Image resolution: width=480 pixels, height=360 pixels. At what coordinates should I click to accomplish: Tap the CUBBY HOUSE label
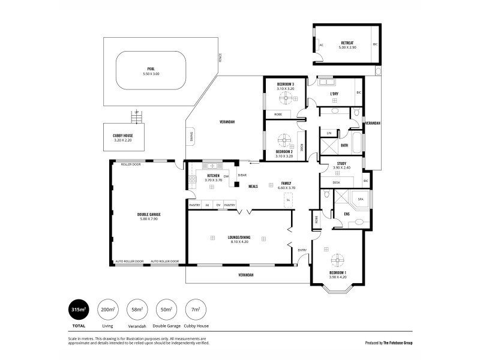click(x=122, y=136)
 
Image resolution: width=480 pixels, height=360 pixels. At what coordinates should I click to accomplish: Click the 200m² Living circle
click(x=108, y=309)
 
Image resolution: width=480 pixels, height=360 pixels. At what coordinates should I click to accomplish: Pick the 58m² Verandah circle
click(x=137, y=309)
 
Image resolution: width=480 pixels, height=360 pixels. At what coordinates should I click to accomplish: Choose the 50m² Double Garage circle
click(x=167, y=309)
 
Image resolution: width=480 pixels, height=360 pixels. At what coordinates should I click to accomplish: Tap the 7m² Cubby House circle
click(x=196, y=309)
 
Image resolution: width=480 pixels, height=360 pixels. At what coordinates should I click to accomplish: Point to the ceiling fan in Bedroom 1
click(x=337, y=260)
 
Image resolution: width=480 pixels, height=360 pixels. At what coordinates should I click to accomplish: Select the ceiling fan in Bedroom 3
click(x=286, y=98)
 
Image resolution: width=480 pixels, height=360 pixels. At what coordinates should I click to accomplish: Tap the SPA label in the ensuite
click(x=361, y=199)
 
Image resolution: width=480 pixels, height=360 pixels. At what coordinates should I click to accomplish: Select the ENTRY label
click(x=302, y=250)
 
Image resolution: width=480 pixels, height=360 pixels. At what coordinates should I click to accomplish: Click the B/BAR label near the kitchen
click(x=241, y=175)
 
